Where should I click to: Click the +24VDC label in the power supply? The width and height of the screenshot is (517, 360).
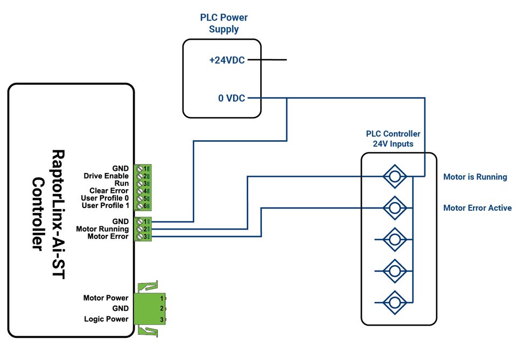[227, 60]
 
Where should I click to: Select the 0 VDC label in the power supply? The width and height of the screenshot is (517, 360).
[231, 99]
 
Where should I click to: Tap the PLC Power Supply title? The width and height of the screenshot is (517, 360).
[223, 23]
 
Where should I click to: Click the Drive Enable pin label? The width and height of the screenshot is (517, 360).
[106, 176]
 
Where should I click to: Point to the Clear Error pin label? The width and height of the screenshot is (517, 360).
[108, 191]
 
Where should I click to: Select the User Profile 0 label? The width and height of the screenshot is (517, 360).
[105, 198]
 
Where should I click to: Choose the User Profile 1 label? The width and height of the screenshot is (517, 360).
[105, 206]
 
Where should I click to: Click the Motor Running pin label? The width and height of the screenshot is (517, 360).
[102, 229]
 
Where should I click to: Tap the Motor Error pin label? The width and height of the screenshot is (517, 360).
[108, 237]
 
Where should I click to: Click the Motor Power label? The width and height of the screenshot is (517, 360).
[106, 298]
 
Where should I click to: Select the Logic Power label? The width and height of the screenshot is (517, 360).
[106, 319]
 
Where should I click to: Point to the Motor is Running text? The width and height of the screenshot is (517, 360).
[475, 177]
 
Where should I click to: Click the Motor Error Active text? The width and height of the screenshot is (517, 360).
[477, 208]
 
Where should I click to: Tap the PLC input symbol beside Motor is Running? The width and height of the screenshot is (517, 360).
[394, 177]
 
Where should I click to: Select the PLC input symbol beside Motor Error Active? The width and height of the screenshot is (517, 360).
[394, 207]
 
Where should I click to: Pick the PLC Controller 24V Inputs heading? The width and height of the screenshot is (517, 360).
[393, 139]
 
